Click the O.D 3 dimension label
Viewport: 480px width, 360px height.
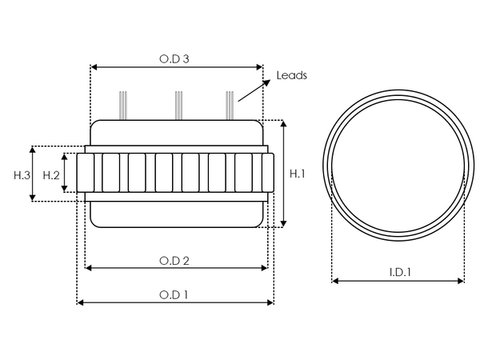pos(174,58)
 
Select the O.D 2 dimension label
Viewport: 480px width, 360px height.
pos(174,260)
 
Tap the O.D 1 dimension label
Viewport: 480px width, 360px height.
pos(174,294)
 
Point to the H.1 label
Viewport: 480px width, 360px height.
pos(297,174)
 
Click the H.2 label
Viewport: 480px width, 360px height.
pos(51,174)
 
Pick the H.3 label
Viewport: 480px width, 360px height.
pos(22,174)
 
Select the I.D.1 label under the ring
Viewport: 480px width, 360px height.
pos(399,273)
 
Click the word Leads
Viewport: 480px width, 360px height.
pos(291,75)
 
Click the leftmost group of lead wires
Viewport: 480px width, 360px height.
pos(122,105)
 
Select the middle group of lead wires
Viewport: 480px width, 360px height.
pos(177,105)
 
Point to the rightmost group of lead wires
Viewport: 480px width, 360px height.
pos(230,105)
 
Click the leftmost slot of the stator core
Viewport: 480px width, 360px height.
pos(89,174)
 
